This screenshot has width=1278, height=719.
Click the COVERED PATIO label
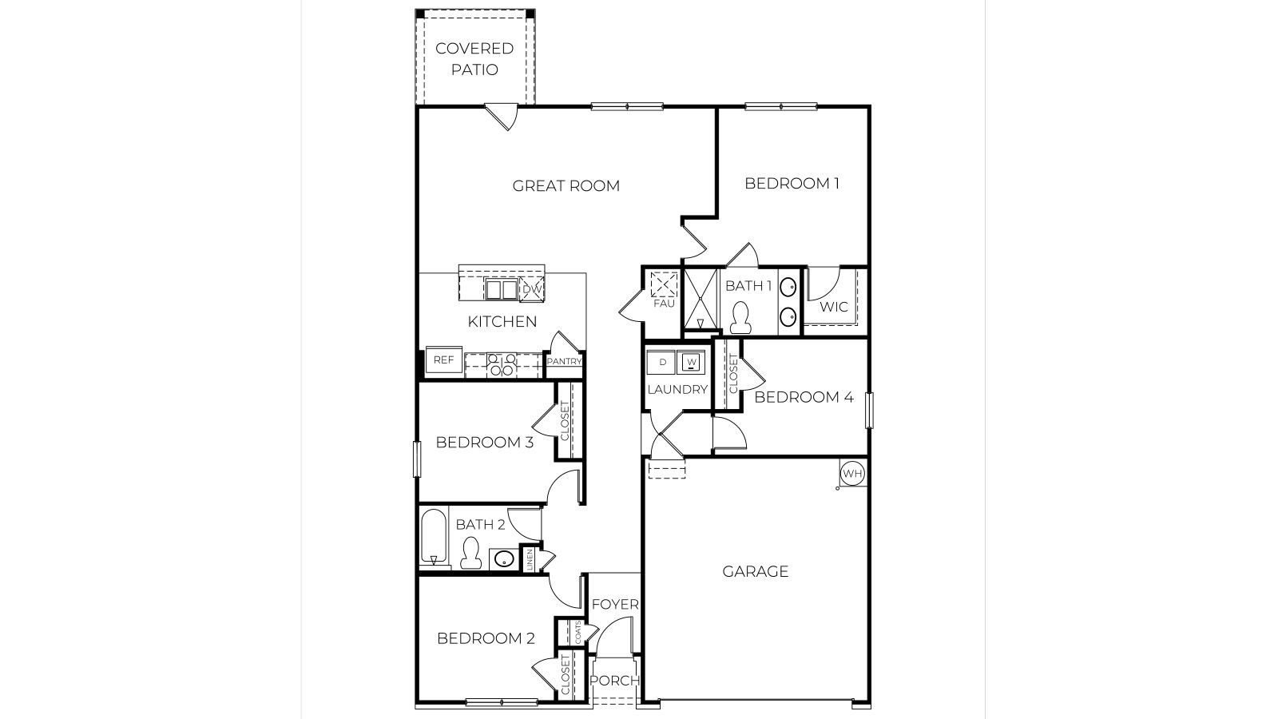474,59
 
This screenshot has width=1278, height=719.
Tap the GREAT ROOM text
566,186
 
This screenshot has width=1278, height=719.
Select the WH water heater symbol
852,474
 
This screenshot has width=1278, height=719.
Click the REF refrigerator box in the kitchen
443,360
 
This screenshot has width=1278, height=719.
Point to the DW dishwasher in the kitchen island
533,289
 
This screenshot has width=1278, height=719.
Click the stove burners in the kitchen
502,365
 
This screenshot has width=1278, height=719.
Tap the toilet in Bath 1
740,318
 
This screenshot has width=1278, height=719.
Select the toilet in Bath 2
470,553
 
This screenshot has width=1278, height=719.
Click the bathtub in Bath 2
433,538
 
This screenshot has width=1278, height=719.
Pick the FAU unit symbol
664,285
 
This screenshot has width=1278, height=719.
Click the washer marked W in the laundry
692,363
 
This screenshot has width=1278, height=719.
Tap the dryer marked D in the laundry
662,363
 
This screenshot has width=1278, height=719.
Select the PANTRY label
564,361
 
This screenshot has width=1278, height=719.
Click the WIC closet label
834,308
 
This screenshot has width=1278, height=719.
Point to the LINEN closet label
529,559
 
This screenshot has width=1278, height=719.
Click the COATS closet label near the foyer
577,632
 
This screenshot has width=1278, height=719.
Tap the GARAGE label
755,571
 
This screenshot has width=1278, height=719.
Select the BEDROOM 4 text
804,397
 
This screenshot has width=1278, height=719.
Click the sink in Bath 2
503,558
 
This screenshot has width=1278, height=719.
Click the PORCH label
614,681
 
